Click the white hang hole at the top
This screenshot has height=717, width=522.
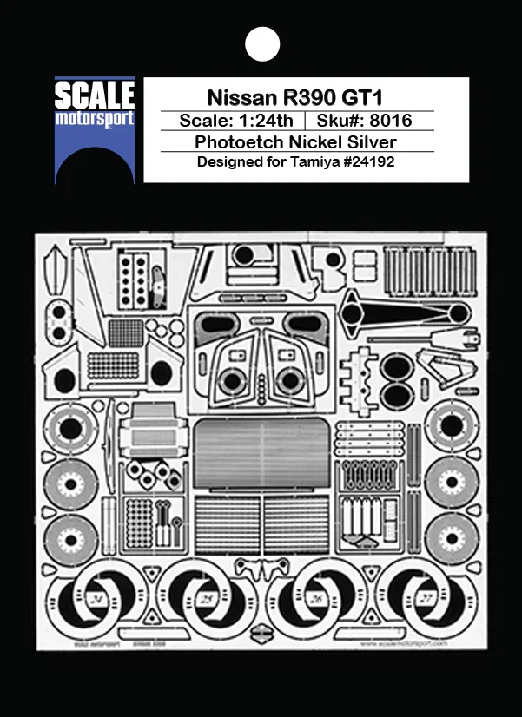point(261,43)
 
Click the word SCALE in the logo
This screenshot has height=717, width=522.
point(95,95)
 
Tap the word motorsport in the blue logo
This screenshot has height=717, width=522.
point(95,117)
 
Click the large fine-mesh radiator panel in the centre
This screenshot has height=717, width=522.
point(261,451)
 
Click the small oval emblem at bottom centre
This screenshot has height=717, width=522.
point(261,635)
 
